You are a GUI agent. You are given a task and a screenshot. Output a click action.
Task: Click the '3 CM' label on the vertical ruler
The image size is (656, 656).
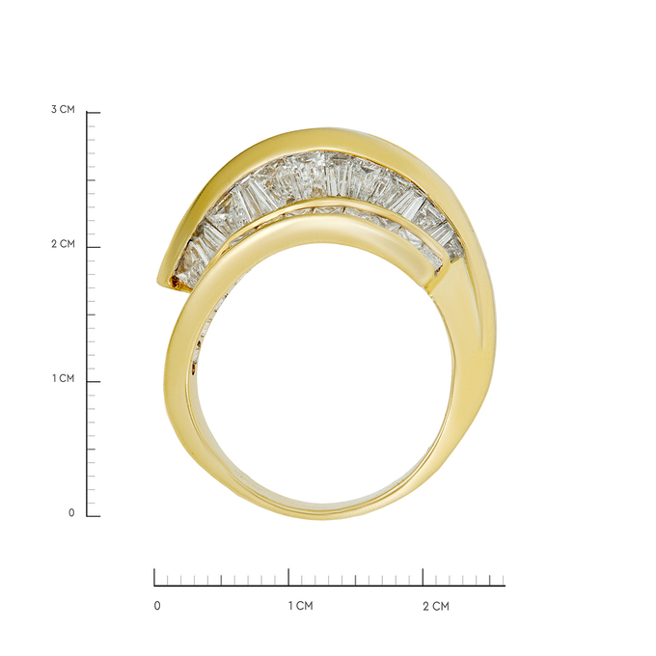[63, 110]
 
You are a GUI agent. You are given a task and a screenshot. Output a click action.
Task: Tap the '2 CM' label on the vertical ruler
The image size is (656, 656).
[63, 244]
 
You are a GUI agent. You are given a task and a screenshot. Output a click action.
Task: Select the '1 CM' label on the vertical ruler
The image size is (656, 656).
[63, 378]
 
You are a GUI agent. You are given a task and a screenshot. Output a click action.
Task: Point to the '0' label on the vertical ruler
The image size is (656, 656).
[71, 513]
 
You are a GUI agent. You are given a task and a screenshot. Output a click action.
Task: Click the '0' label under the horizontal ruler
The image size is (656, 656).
[157, 606]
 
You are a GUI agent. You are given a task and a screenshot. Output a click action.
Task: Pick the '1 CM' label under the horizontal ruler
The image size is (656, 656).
[300, 606]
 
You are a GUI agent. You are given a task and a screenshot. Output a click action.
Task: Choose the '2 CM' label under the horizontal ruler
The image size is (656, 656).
[435, 606]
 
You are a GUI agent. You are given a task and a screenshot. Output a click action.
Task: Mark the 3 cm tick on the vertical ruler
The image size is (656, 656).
[94, 113]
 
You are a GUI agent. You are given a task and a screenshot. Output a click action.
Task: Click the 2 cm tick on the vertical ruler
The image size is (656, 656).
[94, 247]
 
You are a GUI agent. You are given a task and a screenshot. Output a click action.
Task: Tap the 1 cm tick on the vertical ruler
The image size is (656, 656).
[94, 382]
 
